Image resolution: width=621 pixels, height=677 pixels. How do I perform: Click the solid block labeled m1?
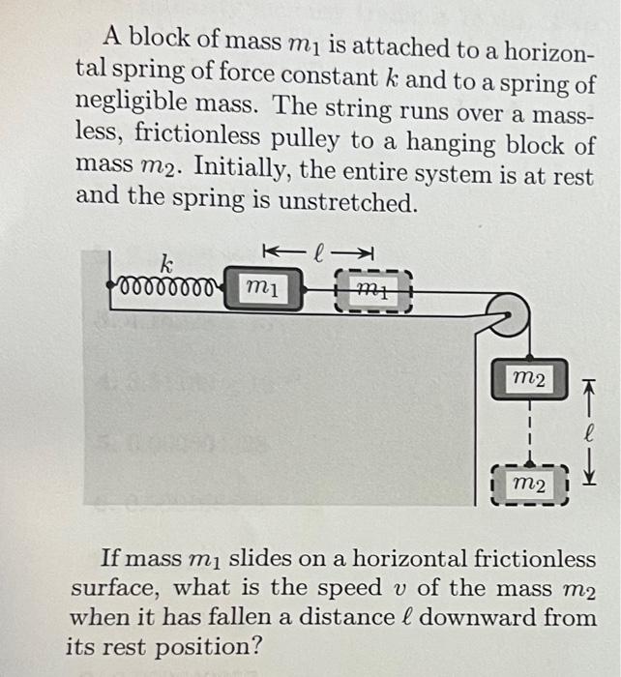pos(263,286)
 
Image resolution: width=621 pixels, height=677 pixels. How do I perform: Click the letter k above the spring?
pos(165,261)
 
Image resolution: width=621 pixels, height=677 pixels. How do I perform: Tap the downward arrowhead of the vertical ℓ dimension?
pos(588,478)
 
